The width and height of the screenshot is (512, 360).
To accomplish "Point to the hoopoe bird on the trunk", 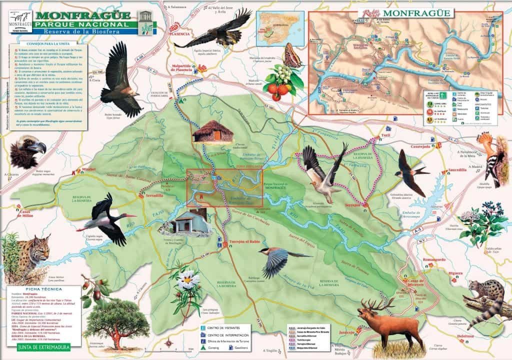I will (492, 155).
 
